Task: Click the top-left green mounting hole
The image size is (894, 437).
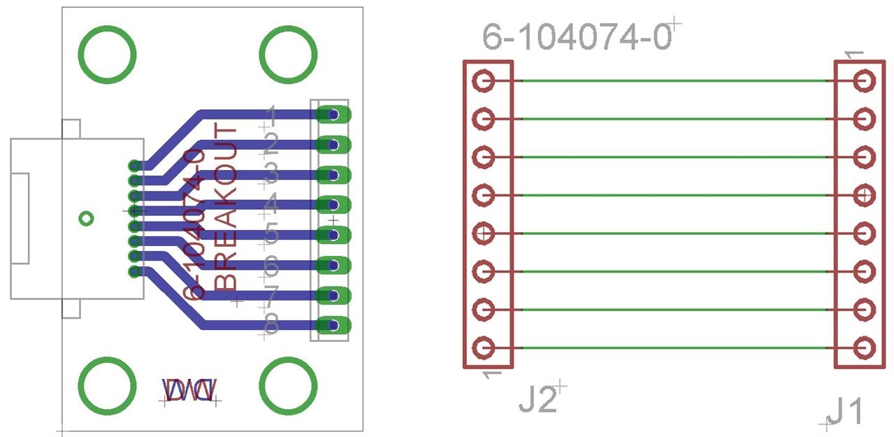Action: tap(106, 55)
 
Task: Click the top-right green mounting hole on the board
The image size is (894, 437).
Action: tap(288, 55)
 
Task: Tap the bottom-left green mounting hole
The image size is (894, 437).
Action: tap(106, 385)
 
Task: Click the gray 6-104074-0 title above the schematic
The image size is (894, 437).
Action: tap(577, 36)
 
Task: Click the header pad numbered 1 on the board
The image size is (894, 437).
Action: tap(333, 114)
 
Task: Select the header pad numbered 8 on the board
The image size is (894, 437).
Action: tap(333, 325)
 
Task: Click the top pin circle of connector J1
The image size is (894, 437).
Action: tap(865, 81)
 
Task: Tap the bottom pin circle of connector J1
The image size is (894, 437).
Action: tap(865, 347)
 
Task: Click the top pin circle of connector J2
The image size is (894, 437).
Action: tap(484, 81)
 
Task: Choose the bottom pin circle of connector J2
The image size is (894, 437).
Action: tap(484, 347)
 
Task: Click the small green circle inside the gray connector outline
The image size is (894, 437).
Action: tap(86, 219)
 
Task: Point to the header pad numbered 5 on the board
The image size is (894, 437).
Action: tap(333, 235)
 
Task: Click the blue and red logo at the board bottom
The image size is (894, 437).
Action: tap(190, 390)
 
